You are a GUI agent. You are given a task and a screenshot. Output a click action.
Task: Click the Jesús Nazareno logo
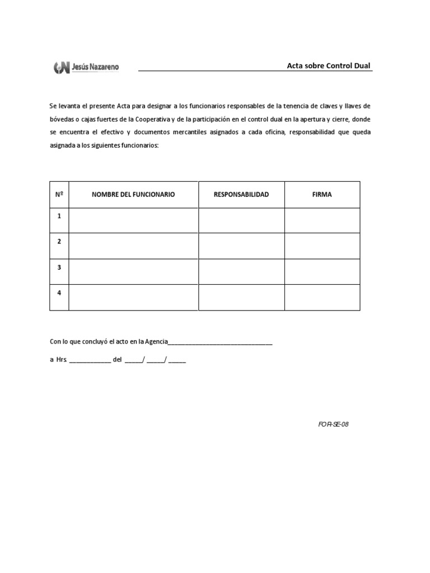(x=86, y=68)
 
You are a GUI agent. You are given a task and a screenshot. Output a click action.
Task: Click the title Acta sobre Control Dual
(x=329, y=66)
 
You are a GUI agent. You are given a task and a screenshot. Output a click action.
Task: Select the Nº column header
(x=59, y=195)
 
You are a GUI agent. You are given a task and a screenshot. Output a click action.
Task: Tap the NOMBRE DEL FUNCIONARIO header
(x=133, y=195)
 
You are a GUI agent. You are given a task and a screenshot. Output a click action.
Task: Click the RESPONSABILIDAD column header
(x=241, y=195)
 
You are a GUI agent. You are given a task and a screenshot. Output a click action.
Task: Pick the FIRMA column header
(x=322, y=195)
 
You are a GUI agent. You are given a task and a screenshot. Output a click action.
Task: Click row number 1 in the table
(x=59, y=215)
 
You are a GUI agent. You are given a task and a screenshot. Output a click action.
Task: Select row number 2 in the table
(x=59, y=241)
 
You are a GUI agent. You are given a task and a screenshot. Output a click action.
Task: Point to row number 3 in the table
(x=59, y=267)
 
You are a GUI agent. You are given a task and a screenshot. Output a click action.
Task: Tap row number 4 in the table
(x=59, y=293)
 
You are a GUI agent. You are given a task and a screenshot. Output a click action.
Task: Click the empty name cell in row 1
(x=133, y=220)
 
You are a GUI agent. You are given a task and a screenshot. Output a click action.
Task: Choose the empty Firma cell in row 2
(x=322, y=246)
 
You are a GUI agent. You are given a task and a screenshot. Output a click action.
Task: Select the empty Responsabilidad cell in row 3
(x=241, y=272)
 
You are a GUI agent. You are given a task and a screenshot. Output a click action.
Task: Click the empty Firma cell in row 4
(x=322, y=298)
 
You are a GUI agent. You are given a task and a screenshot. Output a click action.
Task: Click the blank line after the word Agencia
(x=221, y=343)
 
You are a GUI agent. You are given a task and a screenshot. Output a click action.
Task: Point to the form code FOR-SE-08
(x=333, y=424)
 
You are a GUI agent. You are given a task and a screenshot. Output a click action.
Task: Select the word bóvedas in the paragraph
(x=61, y=119)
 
